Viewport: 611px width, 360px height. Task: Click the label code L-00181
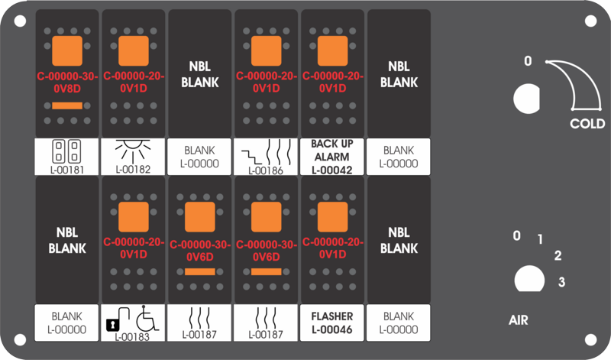point(66,170)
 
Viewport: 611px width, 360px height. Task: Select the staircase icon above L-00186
point(252,157)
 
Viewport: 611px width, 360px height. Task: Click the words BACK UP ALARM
point(332,150)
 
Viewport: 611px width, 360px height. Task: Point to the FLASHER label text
point(332,316)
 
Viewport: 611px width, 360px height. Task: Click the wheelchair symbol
point(147,318)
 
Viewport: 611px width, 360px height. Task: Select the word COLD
point(587,124)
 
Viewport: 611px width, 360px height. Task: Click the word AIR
point(519,320)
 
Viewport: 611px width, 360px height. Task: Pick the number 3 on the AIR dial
point(561,281)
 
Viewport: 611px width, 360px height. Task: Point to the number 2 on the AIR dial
point(558,255)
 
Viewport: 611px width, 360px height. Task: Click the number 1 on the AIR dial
point(540,239)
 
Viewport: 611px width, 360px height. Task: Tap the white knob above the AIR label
point(529,279)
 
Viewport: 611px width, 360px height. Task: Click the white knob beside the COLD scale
point(526,99)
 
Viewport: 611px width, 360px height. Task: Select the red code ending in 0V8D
point(67,83)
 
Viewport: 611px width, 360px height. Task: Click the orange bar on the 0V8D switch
point(67,105)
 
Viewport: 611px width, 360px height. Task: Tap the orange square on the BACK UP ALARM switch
point(332,51)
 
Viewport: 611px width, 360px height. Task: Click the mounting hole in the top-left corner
point(21,21)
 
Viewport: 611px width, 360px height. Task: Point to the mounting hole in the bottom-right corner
point(590,339)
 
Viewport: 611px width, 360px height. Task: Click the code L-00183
point(132,336)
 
